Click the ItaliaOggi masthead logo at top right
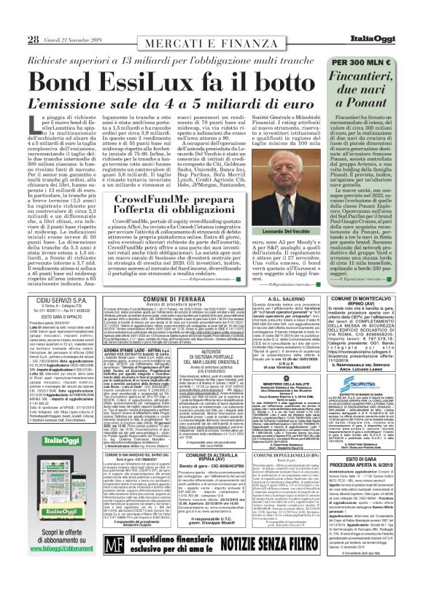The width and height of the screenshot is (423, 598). [389, 7]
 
